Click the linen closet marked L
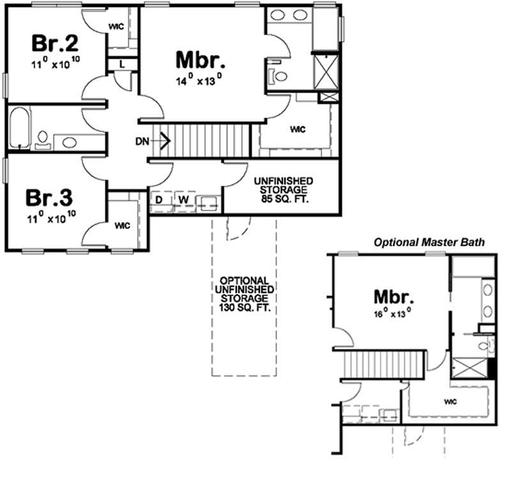pos(121,63)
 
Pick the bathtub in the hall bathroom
pos(19,130)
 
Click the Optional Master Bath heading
pos(429,242)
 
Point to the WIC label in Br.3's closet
pos(122,226)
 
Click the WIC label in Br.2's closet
pos(116,27)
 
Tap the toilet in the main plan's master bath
pos(279,77)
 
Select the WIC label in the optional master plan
pos(450,402)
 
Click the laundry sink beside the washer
pos(208,203)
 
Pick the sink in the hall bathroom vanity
pos(70,142)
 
